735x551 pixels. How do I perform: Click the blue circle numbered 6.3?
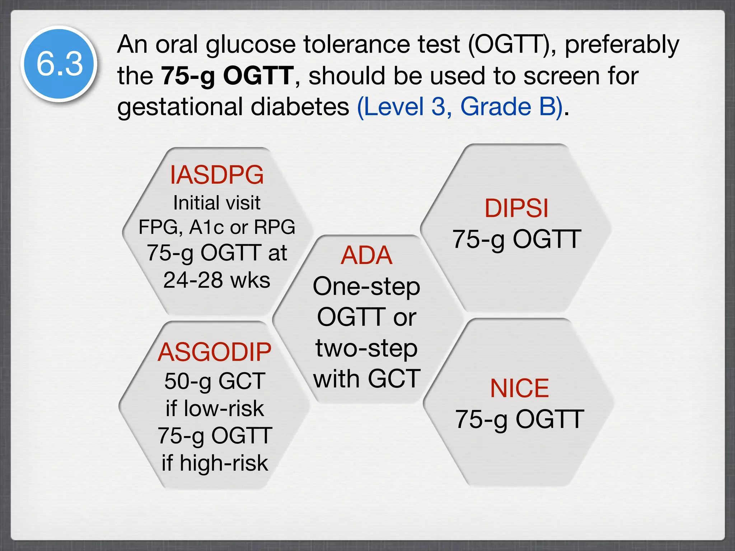[59, 64]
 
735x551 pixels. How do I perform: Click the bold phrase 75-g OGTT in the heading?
[227, 76]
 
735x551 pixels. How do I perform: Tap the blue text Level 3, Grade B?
[459, 107]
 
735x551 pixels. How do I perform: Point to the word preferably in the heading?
[622, 45]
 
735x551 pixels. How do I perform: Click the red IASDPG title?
[217, 175]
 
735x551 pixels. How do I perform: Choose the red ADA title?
[366, 255]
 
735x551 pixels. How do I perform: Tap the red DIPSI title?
[516, 208]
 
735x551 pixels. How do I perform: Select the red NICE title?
[519, 388]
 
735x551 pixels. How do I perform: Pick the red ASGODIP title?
[215, 352]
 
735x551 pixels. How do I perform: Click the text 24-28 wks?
[217, 280]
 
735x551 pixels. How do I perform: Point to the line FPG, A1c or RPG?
[217, 227]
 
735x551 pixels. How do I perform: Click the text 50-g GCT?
[215, 381]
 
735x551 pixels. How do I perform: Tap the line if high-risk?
[215, 463]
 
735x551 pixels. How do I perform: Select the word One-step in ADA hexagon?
[366, 287]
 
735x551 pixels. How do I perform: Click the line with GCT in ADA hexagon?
[366, 378]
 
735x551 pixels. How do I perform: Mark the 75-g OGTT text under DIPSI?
[516, 239]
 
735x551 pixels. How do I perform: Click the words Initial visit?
[217, 203]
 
